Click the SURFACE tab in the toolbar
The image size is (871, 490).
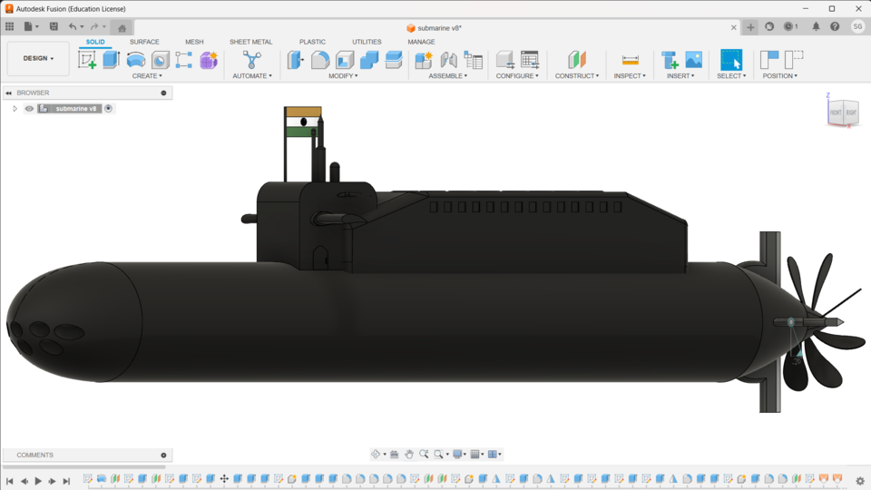pyautogui.click(x=144, y=42)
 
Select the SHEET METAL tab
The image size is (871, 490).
pyautogui.click(x=250, y=42)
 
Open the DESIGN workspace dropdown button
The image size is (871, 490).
pyautogui.click(x=38, y=58)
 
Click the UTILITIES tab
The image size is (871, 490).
pyautogui.click(x=367, y=42)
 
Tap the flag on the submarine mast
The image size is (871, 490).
pyautogui.click(x=303, y=122)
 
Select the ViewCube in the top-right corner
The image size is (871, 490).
pyautogui.click(x=842, y=112)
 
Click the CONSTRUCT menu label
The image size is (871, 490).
pyautogui.click(x=576, y=76)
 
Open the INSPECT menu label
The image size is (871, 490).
pyautogui.click(x=630, y=76)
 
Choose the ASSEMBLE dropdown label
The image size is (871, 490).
pyautogui.click(x=447, y=76)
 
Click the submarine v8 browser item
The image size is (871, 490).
pyautogui.click(x=75, y=109)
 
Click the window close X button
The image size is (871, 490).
pyautogui.click(x=858, y=9)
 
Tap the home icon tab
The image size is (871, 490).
pyautogui.click(x=122, y=28)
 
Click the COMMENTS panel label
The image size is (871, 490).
pyautogui.click(x=35, y=455)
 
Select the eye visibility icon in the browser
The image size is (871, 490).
pyautogui.click(x=29, y=109)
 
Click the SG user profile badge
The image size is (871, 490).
pyautogui.click(x=857, y=27)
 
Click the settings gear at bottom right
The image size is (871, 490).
pyautogui.click(x=860, y=481)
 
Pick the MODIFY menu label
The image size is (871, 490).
pyautogui.click(x=343, y=76)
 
